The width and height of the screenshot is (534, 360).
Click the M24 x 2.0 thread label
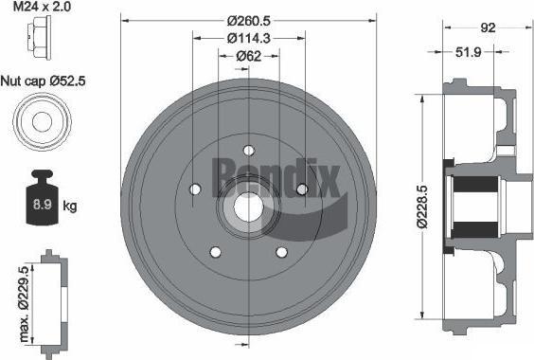click(43, 7)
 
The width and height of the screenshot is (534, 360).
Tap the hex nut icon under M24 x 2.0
click(39, 38)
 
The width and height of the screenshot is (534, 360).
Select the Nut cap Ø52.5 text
click(44, 81)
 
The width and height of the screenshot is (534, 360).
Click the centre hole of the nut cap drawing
click(42, 121)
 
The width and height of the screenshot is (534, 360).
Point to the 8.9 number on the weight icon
click(43, 205)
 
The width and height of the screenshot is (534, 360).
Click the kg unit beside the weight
click(70, 207)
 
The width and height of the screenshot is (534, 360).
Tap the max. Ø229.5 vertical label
click(24, 304)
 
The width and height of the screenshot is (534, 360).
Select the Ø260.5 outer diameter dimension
click(249, 21)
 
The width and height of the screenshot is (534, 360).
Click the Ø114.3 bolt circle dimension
click(249, 38)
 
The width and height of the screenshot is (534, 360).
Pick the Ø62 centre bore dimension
click(249, 56)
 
